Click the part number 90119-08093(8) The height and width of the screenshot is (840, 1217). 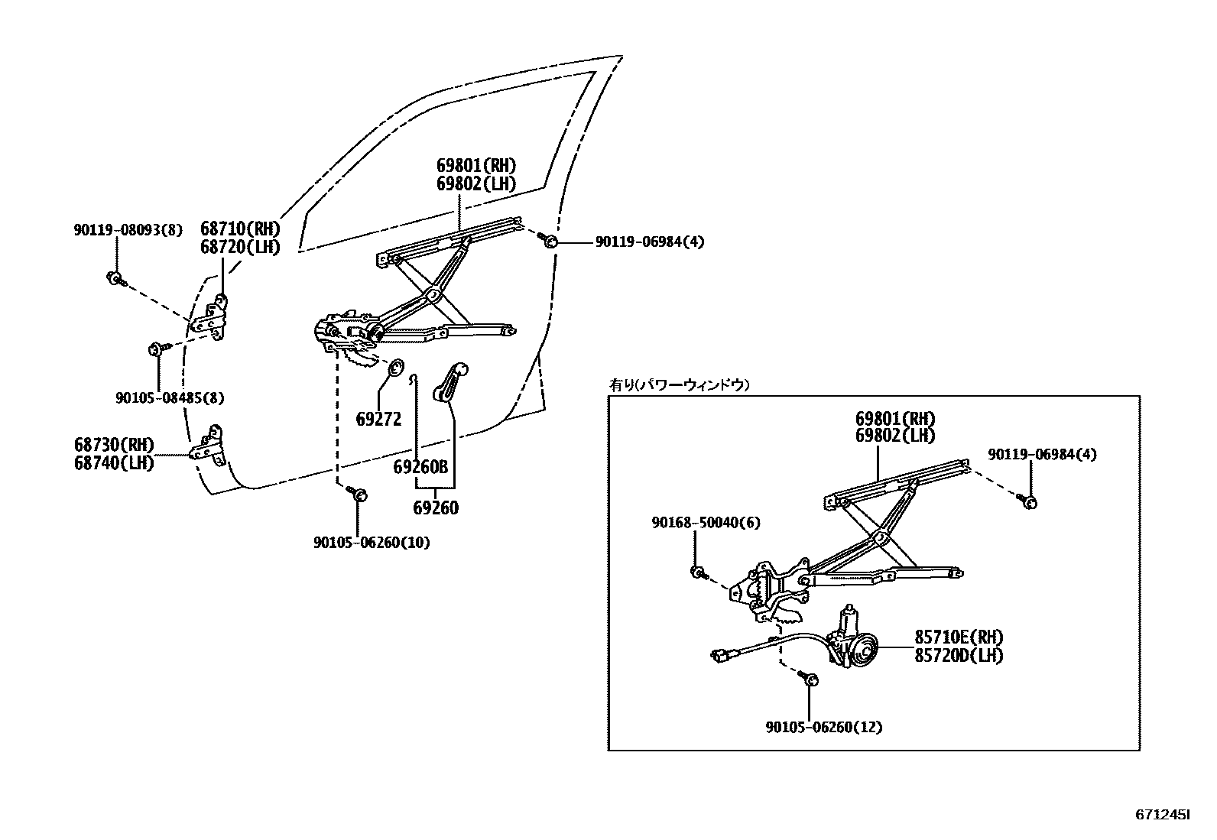point(128,229)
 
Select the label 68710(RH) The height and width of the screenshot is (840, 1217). point(240,228)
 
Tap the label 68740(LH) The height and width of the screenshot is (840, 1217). point(114,463)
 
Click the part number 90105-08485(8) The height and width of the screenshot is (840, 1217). point(170,398)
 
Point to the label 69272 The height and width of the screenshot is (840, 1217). point(378,419)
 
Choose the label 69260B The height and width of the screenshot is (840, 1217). point(420,468)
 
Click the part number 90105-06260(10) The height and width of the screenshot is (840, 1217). point(372,543)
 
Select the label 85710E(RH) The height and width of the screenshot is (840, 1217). point(959,637)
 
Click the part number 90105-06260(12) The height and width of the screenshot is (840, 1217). point(823,728)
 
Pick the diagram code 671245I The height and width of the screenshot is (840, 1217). point(1162,816)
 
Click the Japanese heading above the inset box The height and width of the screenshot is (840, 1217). point(679,385)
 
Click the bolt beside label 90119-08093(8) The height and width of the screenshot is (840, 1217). point(115,278)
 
